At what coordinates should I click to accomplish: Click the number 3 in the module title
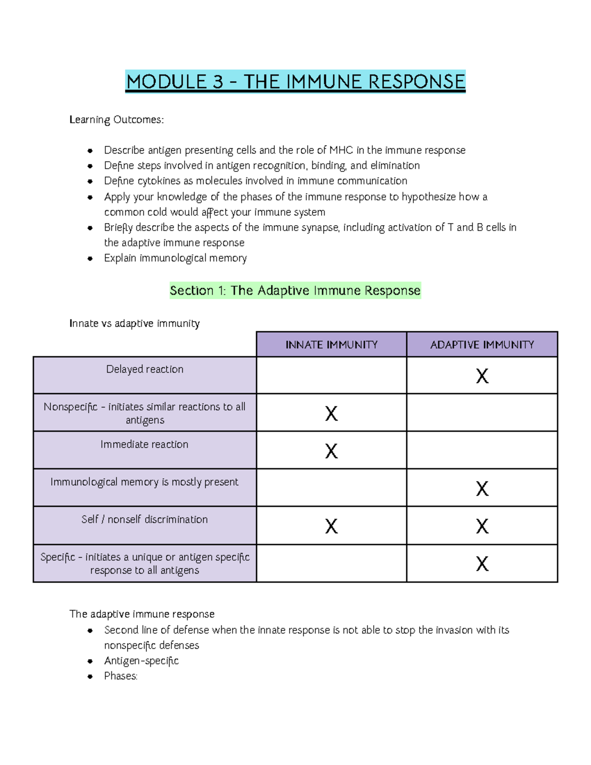coord(218,82)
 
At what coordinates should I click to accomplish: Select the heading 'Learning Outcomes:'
coord(116,120)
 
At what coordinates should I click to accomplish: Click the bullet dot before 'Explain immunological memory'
coord(90,259)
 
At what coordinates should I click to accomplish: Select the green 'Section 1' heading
coord(295,291)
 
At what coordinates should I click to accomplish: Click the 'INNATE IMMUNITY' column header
coord(331,345)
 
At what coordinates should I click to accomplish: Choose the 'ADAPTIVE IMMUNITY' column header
coord(482,345)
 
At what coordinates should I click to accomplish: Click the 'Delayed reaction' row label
coord(145,369)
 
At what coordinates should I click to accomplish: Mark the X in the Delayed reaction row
coord(482,376)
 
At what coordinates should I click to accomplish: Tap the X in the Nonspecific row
coord(331,414)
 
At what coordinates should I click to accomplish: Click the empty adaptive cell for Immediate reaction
coord(482,450)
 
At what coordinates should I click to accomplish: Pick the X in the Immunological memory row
coord(482,489)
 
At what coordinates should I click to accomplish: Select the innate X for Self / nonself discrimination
coord(331,527)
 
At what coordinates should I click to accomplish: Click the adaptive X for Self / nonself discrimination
coord(482,527)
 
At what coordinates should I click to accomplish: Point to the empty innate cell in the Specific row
coord(331,564)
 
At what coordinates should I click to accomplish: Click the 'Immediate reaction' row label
coord(144,444)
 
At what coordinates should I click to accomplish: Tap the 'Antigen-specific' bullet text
coord(141,661)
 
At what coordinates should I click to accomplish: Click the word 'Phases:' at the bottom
coord(121,676)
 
